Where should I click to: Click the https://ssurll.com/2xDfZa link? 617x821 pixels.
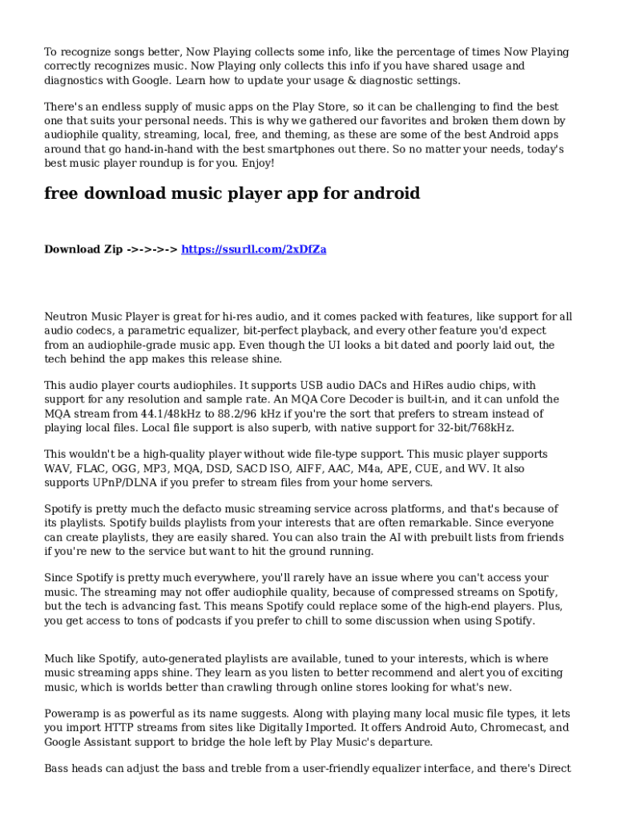point(254,249)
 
